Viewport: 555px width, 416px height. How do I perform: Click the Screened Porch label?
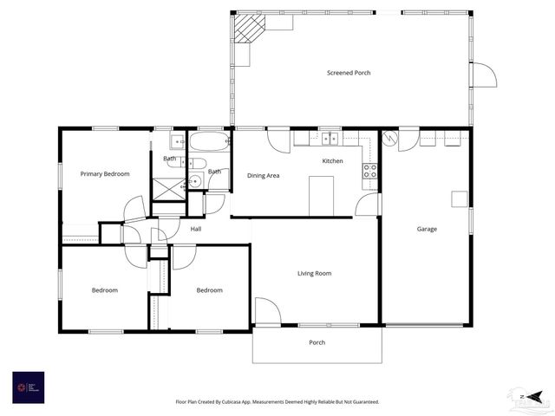click(349, 73)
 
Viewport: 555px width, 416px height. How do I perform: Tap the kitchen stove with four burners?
click(370, 171)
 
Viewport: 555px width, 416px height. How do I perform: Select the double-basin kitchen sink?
click(330, 138)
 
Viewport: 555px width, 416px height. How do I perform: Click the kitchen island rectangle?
click(322, 194)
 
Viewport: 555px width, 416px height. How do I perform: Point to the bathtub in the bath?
click(209, 142)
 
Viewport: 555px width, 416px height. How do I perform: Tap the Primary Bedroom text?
click(105, 174)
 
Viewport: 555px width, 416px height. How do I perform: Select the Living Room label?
click(315, 274)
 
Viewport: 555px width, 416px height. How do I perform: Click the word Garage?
click(427, 230)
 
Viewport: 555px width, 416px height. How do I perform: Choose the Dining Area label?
click(263, 176)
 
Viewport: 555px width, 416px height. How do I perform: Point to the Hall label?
click(196, 230)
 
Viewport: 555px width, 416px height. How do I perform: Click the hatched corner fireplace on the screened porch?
click(250, 28)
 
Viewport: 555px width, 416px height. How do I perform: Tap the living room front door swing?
click(266, 312)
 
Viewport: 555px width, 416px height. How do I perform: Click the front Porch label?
click(317, 342)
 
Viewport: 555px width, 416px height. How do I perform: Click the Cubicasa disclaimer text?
click(277, 402)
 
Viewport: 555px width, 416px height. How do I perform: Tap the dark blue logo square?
click(28, 387)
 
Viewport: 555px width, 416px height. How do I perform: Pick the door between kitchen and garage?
click(368, 205)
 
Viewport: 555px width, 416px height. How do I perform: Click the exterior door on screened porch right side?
click(483, 75)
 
